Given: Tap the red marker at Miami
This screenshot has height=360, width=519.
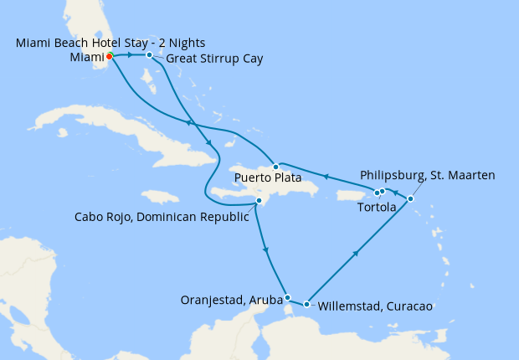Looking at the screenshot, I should pyautogui.click(x=109, y=57).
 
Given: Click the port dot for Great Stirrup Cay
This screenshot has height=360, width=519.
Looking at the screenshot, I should pyautogui.click(x=149, y=55).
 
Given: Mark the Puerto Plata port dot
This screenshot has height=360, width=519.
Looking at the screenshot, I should pyautogui.click(x=275, y=167).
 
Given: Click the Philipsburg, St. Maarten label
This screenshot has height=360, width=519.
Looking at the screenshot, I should pyautogui.click(x=427, y=175).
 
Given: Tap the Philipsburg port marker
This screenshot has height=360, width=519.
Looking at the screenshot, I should pyautogui.click(x=410, y=198).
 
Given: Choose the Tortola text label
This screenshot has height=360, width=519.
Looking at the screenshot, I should pyautogui.click(x=376, y=207).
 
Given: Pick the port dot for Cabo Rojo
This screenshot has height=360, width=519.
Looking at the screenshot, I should pyautogui.click(x=259, y=201).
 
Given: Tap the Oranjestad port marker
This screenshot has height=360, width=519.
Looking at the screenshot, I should pyautogui.click(x=287, y=297).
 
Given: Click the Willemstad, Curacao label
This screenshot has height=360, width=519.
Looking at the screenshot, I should pyautogui.click(x=374, y=306).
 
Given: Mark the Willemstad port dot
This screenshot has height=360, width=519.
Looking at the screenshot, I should pyautogui.click(x=307, y=304).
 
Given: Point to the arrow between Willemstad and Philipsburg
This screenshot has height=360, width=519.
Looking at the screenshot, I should pyautogui.click(x=357, y=252).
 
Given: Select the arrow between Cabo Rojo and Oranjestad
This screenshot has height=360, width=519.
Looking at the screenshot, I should pyautogui.click(x=266, y=249).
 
